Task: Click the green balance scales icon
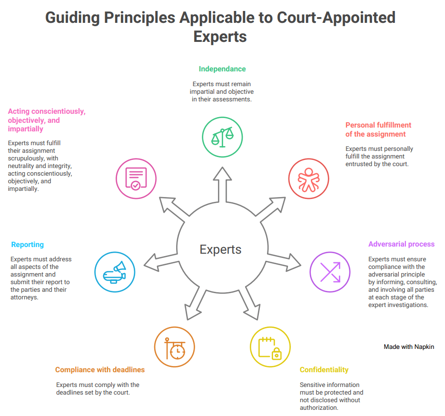click(x=223, y=137)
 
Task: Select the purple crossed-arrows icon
click(x=330, y=272)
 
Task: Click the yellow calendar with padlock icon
click(x=270, y=347)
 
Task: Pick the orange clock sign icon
click(x=175, y=347)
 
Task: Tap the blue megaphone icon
click(x=115, y=272)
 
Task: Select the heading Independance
click(x=222, y=69)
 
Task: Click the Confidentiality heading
click(x=324, y=370)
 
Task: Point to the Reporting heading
click(x=28, y=245)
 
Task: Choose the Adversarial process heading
click(x=401, y=244)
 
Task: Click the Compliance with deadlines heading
click(x=100, y=370)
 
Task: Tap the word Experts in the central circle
click(x=220, y=249)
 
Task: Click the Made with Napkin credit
click(x=409, y=347)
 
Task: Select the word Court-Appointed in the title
click(x=336, y=18)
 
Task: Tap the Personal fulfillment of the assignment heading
click(x=378, y=129)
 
